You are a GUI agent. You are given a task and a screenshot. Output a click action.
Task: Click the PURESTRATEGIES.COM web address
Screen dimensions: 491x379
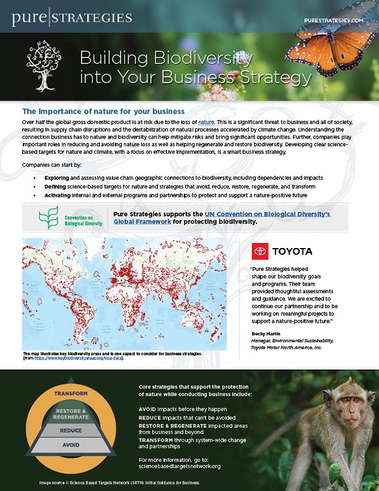[x=334, y=20]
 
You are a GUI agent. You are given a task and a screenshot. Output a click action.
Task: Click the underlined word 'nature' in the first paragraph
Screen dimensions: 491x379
[x=206, y=120]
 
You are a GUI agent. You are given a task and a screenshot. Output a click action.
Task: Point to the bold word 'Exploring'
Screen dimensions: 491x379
[x=57, y=178]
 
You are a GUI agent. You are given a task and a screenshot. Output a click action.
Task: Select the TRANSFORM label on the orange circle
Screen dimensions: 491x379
[x=70, y=393]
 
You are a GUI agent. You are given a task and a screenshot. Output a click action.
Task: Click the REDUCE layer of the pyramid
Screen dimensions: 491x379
[x=71, y=431]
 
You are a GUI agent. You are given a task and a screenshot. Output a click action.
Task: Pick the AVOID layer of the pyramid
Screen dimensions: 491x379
[x=71, y=445]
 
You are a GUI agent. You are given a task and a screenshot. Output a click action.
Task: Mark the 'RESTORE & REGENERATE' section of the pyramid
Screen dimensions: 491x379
[x=71, y=413]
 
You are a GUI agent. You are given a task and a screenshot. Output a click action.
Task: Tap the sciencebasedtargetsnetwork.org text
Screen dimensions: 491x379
[x=179, y=466]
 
